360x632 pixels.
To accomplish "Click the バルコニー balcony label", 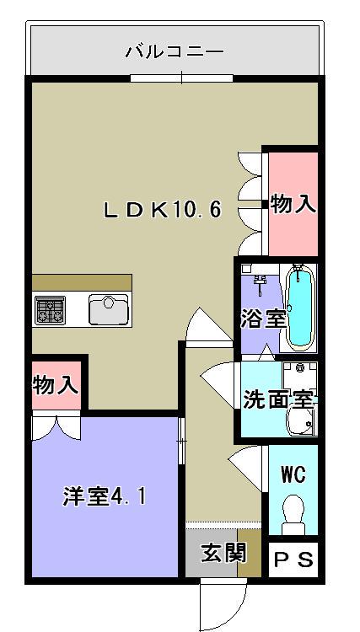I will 175,52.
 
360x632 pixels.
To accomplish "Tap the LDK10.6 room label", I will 162,210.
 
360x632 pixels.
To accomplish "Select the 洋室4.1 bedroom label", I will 104,496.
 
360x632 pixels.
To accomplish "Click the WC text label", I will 293,473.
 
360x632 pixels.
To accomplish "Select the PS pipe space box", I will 293,559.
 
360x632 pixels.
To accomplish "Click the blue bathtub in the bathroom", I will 299,308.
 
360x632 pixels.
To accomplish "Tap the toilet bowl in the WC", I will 293,511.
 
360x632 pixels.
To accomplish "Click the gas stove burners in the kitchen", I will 51,310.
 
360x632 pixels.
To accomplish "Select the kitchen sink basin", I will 108,310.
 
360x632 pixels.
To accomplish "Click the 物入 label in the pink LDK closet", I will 293,204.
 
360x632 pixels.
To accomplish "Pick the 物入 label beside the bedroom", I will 56,386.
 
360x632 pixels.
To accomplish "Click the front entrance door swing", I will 214,603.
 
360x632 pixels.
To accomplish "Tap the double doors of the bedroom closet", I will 56,427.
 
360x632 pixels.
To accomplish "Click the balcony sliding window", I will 181,79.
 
